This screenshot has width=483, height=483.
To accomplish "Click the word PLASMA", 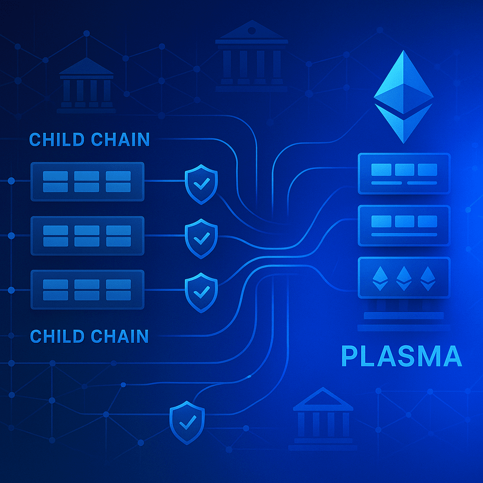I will coord(401,357).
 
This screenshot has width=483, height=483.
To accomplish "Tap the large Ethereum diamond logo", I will coord(403,97).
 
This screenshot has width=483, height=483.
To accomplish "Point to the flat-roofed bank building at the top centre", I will coord(251,57).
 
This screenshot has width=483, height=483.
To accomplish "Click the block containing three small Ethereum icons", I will coord(404,278).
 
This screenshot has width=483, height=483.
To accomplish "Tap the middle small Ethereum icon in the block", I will coord(404,278).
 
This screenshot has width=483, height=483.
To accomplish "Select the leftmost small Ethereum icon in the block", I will coord(380,278).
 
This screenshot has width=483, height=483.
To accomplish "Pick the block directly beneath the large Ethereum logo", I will coord(404,173).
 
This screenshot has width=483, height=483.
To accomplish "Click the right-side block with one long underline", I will coord(404,225).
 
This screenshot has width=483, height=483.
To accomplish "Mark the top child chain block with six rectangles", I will coord(87,182).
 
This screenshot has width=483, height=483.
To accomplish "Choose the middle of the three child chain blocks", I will coord(87,236).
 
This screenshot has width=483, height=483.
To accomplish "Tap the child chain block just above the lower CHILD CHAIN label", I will coord(87,289).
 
